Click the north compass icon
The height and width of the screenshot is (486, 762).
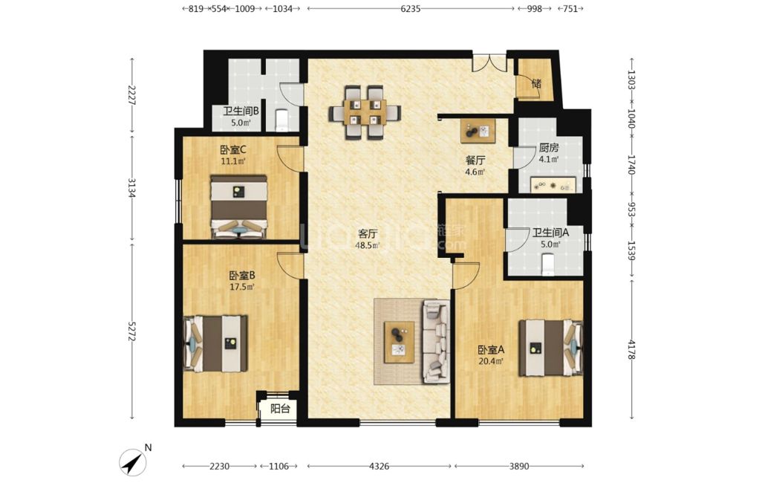[133, 461]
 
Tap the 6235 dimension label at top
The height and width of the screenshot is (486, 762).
[411, 8]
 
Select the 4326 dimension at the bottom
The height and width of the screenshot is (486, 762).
[379, 466]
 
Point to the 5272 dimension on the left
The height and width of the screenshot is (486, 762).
[131, 331]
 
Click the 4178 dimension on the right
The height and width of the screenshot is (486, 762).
[631, 349]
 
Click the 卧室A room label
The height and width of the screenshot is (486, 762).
[491, 349]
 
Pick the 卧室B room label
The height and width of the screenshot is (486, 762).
[242, 276]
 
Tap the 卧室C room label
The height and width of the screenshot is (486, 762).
[233, 149]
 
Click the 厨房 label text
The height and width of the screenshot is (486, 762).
[549, 147]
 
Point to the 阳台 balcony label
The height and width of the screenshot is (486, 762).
[280, 409]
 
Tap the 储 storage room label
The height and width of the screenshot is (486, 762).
[536, 84]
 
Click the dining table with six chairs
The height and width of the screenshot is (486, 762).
[365, 112]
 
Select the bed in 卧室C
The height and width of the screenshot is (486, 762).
[238, 207]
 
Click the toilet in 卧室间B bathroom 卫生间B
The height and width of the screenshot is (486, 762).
[282, 120]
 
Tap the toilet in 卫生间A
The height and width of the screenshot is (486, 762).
[547, 265]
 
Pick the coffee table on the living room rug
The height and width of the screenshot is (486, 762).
[400, 342]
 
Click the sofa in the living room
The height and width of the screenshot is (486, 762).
[436, 341]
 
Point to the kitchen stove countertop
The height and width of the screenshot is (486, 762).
[553, 185]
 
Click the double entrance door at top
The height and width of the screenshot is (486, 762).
[489, 63]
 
